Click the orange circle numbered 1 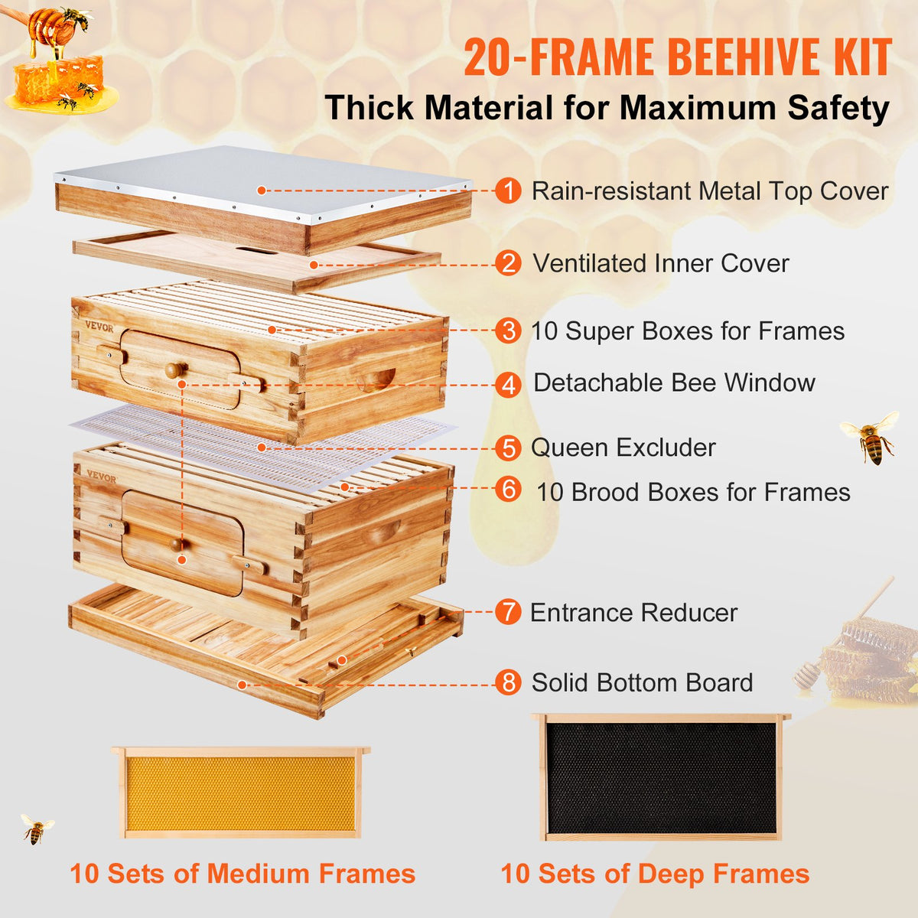(508, 190)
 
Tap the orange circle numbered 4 (508, 384)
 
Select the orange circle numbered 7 (508, 612)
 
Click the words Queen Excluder (623, 448)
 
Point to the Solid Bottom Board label (642, 682)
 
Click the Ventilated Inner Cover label (660, 263)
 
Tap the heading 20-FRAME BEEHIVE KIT (677, 57)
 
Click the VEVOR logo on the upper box (99, 327)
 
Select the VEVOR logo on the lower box (101, 476)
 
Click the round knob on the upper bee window (175, 370)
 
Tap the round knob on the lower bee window (177, 545)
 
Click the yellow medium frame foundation (241, 793)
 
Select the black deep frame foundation (660, 778)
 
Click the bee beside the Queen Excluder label (871, 438)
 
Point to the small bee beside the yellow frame (36, 829)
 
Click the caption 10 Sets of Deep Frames (655, 874)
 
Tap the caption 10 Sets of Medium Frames (243, 874)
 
